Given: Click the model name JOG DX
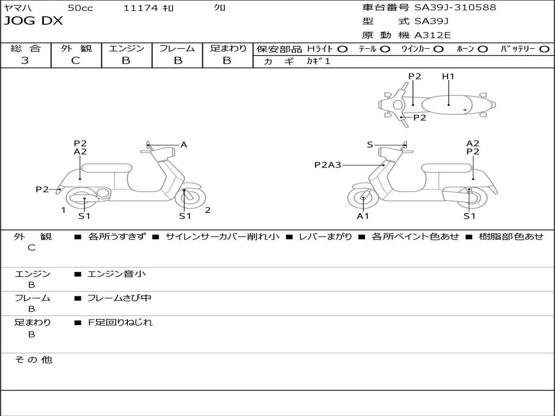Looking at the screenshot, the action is tap(34, 21).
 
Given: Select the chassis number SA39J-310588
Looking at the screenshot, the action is tap(455, 8).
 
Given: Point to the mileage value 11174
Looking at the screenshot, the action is tap(140, 8).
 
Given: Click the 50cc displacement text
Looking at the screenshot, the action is tap(80, 8).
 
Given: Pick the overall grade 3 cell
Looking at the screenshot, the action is tap(25, 61).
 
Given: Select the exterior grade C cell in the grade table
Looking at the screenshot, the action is tap(76, 61).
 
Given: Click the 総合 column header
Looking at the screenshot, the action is tap(25, 48).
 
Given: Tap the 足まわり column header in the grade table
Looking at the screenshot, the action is tap(228, 48).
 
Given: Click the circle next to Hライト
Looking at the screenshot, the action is tap(343, 49).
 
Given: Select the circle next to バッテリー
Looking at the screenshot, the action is tap(544, 49).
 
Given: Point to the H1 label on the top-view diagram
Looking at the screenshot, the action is tap(448, 76).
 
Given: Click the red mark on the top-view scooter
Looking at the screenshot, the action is tap(465, 110).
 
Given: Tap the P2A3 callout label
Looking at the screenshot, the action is tap(328, 165).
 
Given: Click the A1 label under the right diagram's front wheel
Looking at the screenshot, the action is tap(363, 216).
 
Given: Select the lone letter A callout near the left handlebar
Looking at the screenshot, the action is tap(184, 145).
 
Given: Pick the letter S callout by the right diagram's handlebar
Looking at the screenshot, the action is tap(370, 145).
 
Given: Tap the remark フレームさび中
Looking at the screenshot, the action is tap(119, 298).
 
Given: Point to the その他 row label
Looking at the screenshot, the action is tap(33, 360).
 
